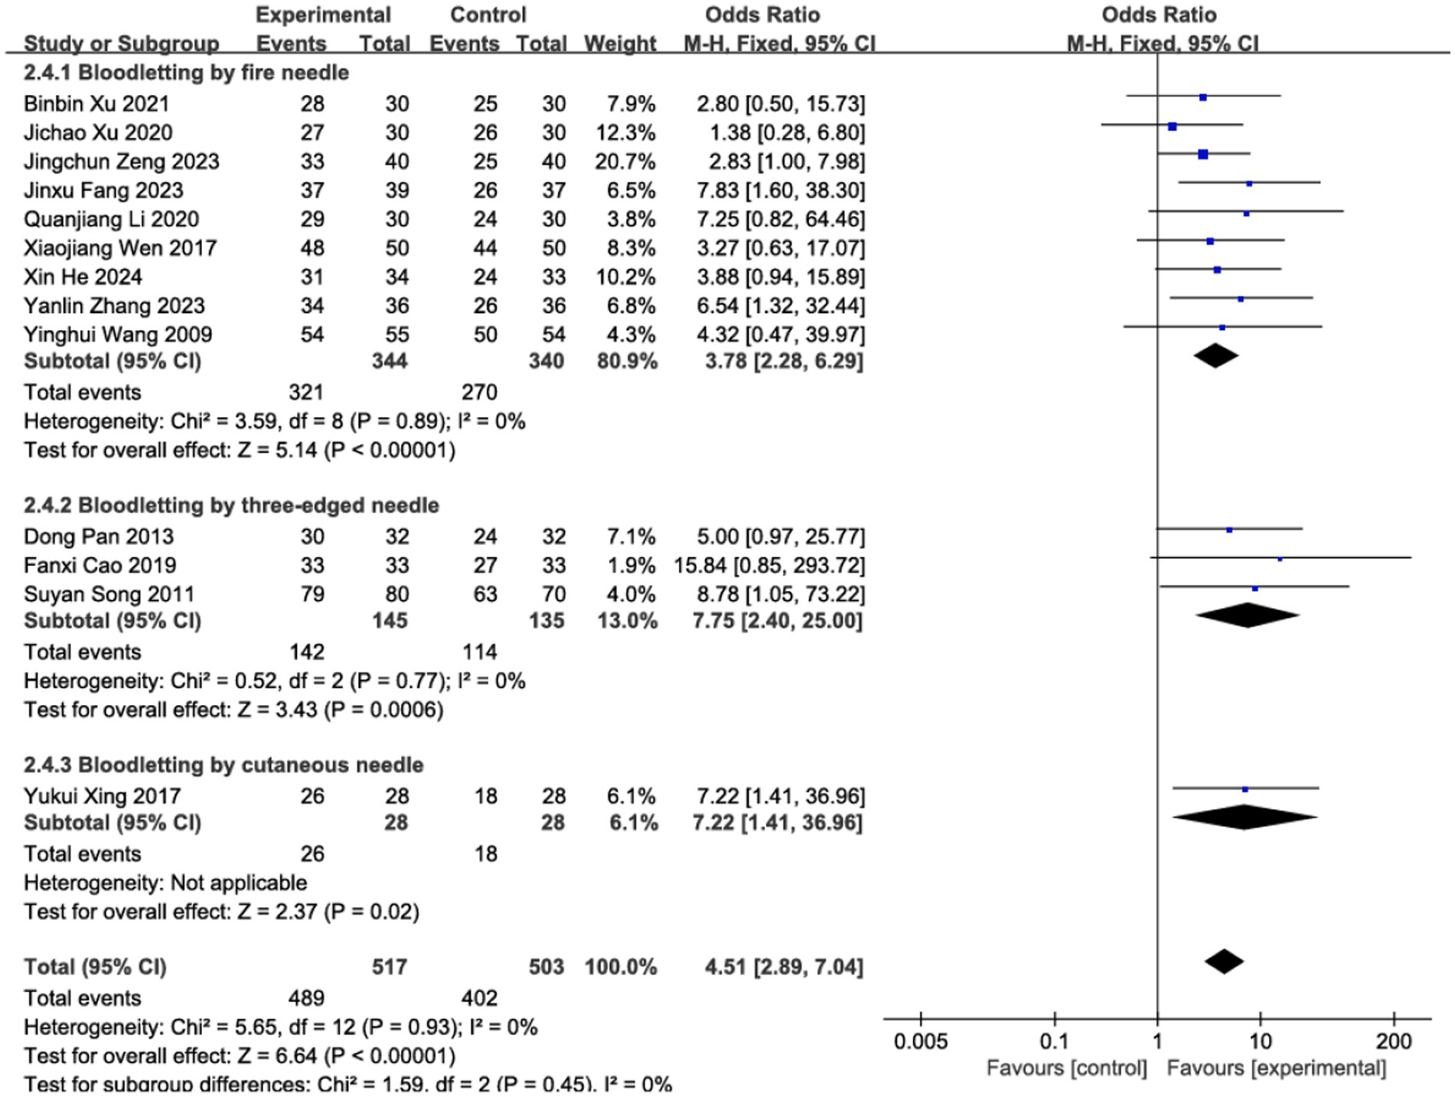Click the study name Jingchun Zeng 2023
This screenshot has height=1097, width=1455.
pos(121,162)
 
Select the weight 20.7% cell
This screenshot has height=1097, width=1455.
pos(625,162)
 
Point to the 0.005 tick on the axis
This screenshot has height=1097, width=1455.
pos(920,1041)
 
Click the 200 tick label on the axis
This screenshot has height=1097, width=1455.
pos(1393,1041)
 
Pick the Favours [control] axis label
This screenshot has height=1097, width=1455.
pos(1066,1068)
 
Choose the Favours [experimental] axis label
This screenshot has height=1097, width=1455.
pos(1276,1068)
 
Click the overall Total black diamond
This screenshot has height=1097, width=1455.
pos(1224,962)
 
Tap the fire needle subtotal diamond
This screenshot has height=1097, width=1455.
pos(1215,355)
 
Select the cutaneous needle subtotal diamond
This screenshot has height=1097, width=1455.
pos(1245,817)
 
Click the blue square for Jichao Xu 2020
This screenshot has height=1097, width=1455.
pos(1173,126)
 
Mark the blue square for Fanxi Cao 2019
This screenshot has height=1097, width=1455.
pos(1280,559)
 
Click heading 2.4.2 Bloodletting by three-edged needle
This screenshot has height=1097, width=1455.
pos(231,505)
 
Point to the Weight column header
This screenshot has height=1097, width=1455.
pos(620,44)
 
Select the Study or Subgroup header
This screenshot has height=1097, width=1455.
pos(121,44)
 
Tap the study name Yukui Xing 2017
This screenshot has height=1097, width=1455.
pos(102,796)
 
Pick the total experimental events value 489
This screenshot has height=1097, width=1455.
pos(306,997)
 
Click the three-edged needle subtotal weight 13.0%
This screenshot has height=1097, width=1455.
pos(627,620)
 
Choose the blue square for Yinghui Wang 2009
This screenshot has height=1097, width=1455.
pos(1222,328)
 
